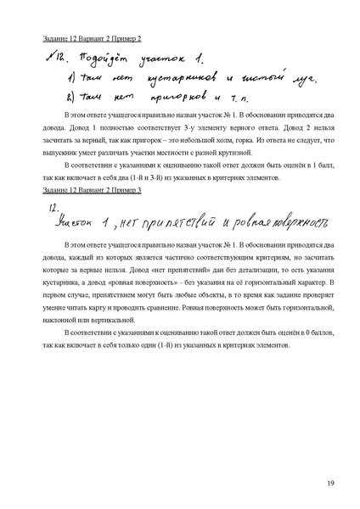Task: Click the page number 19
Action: pos(329,484)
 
